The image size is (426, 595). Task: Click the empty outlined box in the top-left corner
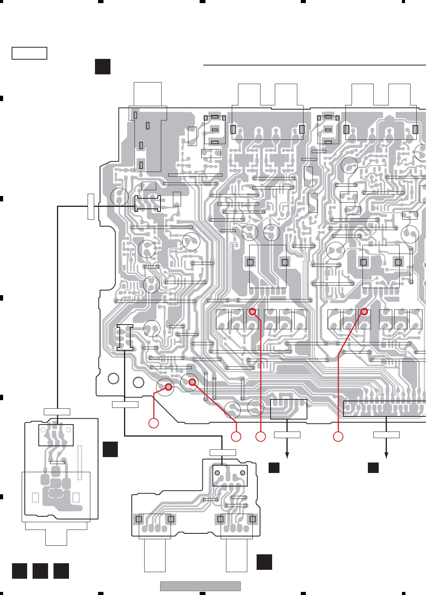[29, 53]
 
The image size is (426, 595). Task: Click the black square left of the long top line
[103, 67]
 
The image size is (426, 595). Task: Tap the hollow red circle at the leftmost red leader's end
[154, 423]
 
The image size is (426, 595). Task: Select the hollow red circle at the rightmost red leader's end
[338, 437]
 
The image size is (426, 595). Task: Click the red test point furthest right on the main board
[364, 311]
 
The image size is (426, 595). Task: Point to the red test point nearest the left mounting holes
[169, 387]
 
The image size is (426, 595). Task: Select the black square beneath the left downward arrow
[274, 468]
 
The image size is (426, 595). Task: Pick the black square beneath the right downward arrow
[373, 468]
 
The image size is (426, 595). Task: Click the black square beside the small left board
[110, 449]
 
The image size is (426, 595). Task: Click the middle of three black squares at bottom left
[40, 571]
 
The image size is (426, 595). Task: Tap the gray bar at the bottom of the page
[200, 586]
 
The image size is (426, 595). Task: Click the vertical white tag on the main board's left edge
[91, 206]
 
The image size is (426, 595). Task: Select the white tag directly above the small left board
[57, 411]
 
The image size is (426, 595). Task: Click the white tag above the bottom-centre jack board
[223, 452]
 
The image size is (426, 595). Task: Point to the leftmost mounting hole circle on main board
[114, 378]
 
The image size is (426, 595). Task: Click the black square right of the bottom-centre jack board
[264, 562]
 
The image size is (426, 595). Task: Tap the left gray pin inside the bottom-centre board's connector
[217, 473]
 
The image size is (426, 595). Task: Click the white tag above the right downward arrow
[386, 435]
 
